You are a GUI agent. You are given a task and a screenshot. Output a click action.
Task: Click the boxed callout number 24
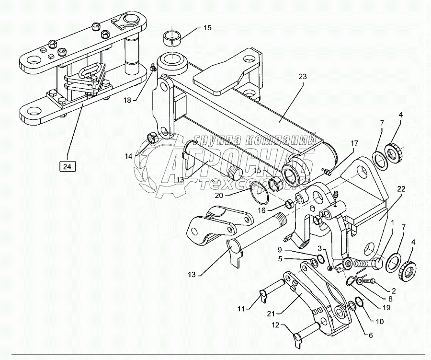pyautogui.click(x=67, y=167)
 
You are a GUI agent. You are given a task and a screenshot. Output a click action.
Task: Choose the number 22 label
pyautogui.click(x=400, y=189)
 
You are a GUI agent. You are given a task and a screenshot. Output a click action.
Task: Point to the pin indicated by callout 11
pyautogui.click(x=275, y=295)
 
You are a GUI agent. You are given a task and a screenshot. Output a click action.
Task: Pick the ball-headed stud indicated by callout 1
pyautogui.click(x=364, y=263)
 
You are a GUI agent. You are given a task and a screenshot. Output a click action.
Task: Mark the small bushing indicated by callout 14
pyautogui.click(x=153, y=139)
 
